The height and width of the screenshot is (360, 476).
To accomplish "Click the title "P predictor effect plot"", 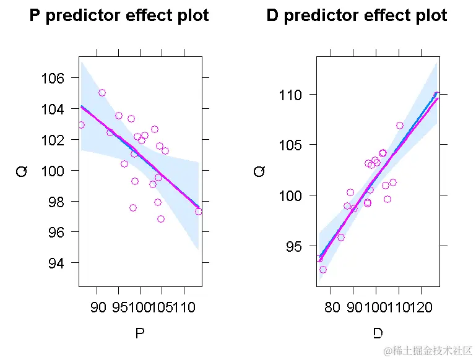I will point(119,15).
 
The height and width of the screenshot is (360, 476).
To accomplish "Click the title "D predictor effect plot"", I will point(357,15).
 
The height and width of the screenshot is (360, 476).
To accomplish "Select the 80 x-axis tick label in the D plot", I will point(332,308).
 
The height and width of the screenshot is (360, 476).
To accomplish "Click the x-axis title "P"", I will point(140,334).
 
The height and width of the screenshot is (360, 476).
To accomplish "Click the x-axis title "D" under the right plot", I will point(378,334).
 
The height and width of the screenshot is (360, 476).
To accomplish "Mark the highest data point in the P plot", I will point(102,93).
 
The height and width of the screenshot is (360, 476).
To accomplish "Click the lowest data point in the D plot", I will point(323,270).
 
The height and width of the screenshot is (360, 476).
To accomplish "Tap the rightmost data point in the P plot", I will point(198,212).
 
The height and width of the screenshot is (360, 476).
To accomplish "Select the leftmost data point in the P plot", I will point(81,125).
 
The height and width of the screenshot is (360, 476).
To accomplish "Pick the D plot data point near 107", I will point(400,126).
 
